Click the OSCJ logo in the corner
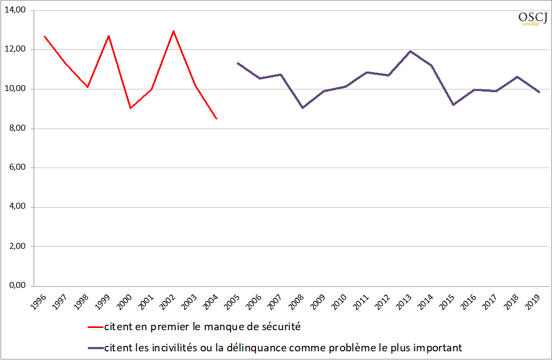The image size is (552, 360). coord(532,18)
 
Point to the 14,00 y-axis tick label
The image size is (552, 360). coord(15,10)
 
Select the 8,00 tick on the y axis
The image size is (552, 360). coord(17,128)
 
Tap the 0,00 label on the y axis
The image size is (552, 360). coord(17,285)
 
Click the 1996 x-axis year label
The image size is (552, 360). coord(38,302)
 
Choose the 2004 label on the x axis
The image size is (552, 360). coord(211,302)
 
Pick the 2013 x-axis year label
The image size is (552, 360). coord(404,302)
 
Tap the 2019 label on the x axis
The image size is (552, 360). coord(533,302)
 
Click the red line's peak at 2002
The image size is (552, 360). coord(174,31)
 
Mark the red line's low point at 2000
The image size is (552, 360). coord(131,108)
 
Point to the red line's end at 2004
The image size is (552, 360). coord(216,119)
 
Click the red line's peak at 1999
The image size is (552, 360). coord(109,36)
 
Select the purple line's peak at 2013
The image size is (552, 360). coord(410,52)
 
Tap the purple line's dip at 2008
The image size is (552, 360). coord(303,108)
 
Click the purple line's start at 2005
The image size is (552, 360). coord(238,63)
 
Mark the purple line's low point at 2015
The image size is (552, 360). coord(453,105)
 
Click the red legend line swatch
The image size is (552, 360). coord(95,327)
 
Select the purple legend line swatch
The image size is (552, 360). coord(95,349)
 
